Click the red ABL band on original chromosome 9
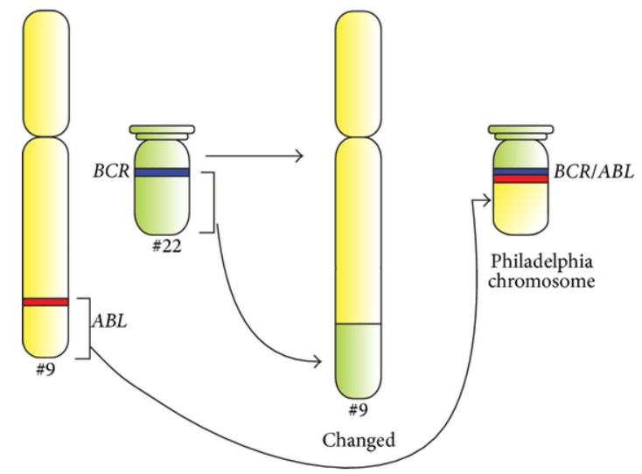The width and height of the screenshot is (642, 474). pos(46,303)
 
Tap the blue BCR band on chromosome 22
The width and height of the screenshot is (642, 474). pos(161,172)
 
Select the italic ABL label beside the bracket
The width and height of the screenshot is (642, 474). pos(110,320)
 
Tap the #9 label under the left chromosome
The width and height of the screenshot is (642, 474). pos(45,367)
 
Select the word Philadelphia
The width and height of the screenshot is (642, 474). pos(543,263)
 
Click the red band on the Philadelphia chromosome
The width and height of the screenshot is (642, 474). pos(520,179)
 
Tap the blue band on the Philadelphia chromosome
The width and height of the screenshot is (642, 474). pos(520,171)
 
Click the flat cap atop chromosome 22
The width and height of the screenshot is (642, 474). pos(161,131)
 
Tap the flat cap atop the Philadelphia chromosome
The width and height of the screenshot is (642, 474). pos(520,131)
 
